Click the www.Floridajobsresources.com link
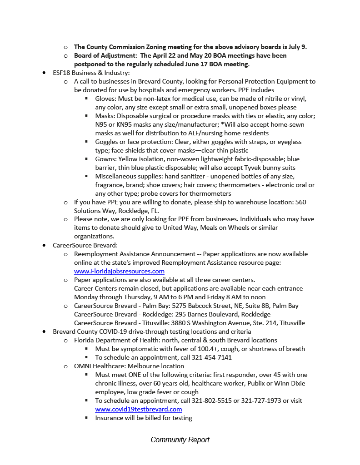click(119, 271)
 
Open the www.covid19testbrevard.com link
click(138, 409)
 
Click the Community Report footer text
click(180, 440)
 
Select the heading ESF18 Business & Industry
click(91, 73)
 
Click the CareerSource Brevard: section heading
click(85, 245)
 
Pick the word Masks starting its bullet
click(105, 116)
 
